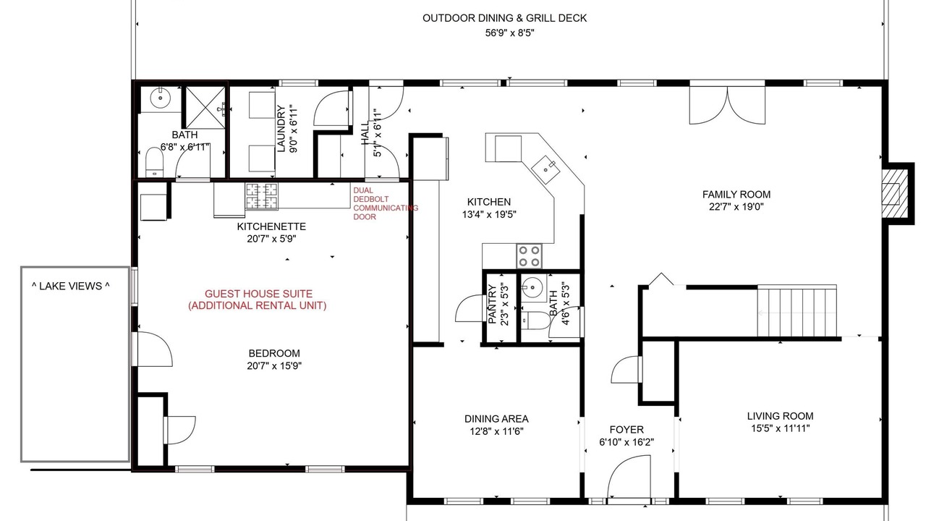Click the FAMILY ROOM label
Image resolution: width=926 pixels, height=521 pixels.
pos(736,195)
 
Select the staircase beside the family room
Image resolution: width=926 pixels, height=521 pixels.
pos(797,311)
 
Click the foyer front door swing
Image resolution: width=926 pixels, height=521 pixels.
pos(629,476)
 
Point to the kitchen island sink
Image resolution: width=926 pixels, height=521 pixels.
pos(545,170)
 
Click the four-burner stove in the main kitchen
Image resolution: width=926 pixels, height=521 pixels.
pos(529,256)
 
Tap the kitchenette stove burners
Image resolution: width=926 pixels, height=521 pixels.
pos(261,195)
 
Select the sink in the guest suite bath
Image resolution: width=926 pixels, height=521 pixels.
pos(161,98)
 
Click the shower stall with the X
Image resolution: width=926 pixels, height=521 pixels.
pos(205,107)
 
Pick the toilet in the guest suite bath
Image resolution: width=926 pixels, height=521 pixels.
pos(155,163)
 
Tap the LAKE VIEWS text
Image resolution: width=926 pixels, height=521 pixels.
pos(71,286)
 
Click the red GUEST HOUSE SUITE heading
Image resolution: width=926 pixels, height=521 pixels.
pos(258,294)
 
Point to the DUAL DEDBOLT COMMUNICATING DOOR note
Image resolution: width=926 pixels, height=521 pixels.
pos(386,203)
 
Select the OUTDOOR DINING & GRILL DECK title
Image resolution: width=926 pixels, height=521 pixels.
pos(504,18)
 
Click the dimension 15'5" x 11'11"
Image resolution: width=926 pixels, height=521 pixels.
pos(780,428)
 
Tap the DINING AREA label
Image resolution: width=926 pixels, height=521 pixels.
pos(496,419)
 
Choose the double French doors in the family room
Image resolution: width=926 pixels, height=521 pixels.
pos(727,105)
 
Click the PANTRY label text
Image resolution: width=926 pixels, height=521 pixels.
pos(493,304)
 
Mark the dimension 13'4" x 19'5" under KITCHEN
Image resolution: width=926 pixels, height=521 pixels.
pos(489,215)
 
